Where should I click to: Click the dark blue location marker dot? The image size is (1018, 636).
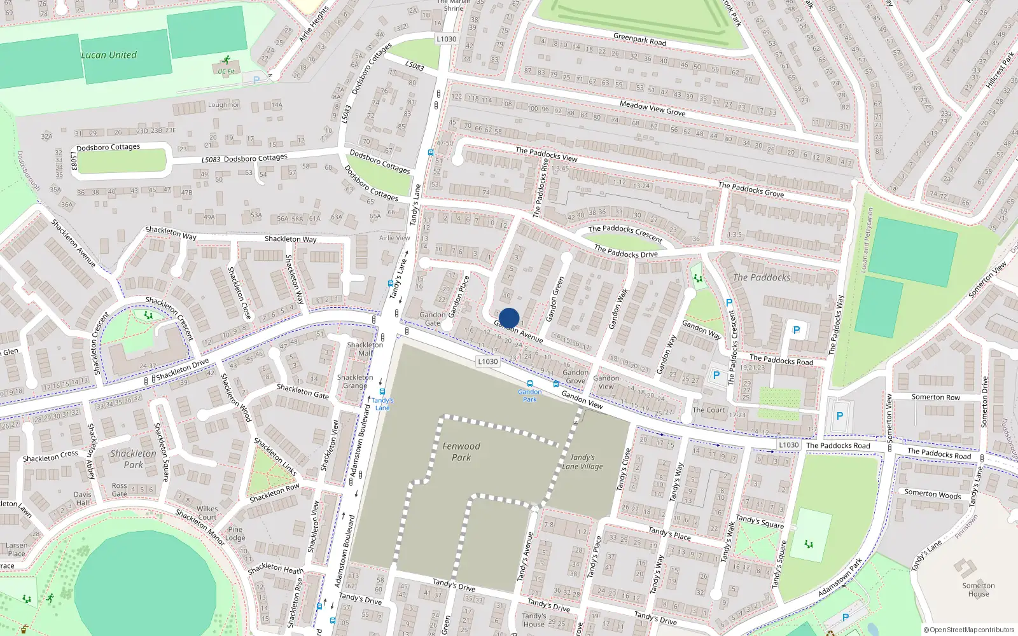[509, 318]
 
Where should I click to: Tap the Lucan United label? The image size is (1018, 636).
[109, 55]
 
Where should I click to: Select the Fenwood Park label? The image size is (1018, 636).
[461, 452]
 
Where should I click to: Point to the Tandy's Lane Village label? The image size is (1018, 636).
[582, 462]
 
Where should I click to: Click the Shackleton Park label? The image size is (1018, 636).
[133, 459]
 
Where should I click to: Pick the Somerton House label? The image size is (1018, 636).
[978, 590]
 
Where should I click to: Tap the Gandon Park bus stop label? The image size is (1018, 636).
[529, 395]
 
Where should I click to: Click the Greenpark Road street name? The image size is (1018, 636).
[639, 39]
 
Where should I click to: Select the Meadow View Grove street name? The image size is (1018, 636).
[652, 108]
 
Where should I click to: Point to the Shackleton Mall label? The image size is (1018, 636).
[365, 349]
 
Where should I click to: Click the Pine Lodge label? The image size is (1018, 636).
[235, 533]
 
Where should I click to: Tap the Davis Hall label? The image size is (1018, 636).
[82, 498]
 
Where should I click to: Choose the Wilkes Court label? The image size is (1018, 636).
[207, 513]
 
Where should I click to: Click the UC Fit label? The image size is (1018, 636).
[226, 71]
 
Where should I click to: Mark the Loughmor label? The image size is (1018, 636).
[223, 105]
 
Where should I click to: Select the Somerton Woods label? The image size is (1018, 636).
[932, 494]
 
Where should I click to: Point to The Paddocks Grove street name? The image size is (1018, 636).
[751, 190]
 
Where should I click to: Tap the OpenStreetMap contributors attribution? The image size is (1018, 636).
[969, 630]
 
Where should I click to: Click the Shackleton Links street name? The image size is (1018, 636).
[275, 456]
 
